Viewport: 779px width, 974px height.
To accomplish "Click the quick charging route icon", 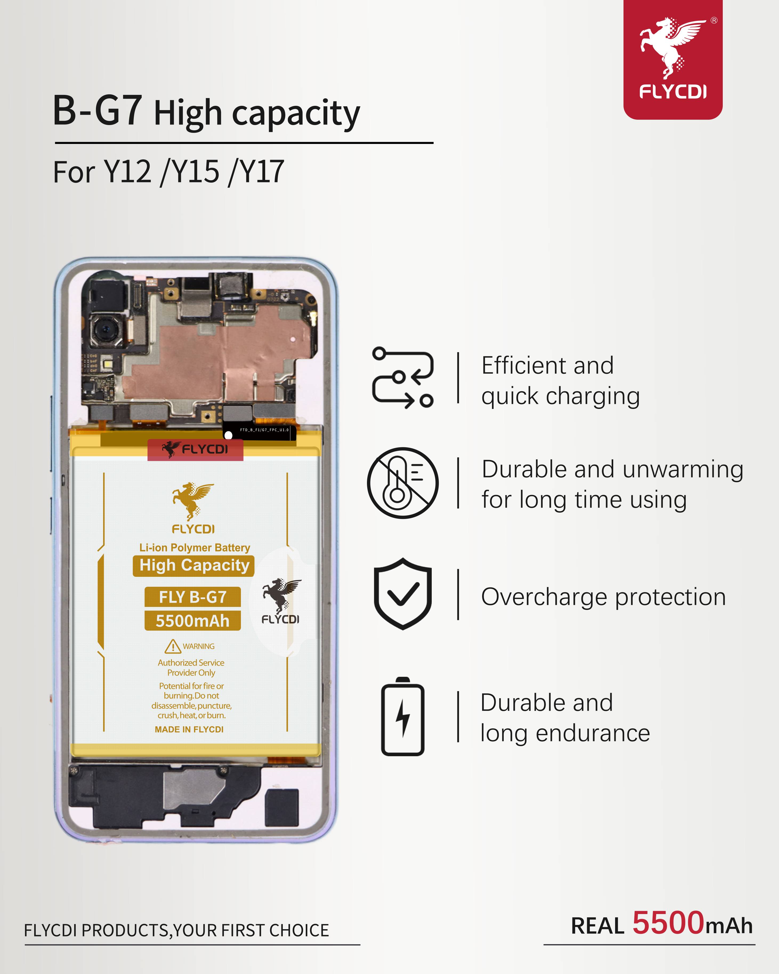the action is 403,378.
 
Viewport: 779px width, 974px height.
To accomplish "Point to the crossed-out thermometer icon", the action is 403,483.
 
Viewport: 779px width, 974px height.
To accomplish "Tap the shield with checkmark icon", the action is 403,594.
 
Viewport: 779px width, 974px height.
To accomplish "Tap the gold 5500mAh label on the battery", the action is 192,621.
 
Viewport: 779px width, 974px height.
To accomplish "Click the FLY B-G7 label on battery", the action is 192,597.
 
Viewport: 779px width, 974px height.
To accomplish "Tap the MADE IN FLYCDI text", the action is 189,729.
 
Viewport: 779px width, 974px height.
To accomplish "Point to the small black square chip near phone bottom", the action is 282,808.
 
